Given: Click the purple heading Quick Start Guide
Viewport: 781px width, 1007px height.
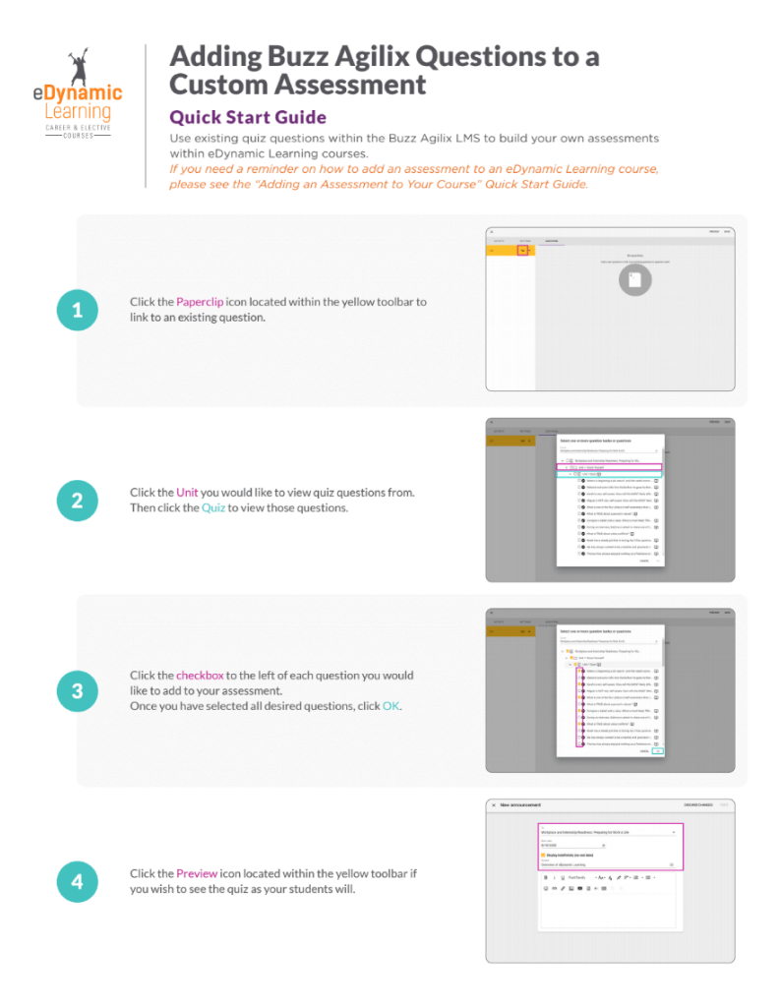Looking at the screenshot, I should (248, 118).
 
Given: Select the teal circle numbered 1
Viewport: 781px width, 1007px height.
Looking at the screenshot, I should (77, 311).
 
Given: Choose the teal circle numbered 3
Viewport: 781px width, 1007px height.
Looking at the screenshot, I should (77, 690).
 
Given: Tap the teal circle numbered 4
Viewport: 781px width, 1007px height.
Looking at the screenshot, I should (77, 881).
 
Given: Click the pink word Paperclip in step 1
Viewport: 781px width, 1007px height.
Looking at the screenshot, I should (202, 302).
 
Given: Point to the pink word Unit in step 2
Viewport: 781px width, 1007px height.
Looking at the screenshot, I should (187, 492).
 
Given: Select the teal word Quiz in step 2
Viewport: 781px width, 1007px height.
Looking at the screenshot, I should (213, 507).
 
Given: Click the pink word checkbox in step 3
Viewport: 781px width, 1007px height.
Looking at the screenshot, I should (200, 676).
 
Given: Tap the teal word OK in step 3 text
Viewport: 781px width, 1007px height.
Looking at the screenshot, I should (391, 707).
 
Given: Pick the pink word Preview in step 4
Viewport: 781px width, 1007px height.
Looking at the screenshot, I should (190, 873).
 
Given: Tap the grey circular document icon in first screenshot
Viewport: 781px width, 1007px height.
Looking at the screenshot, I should (634, 280).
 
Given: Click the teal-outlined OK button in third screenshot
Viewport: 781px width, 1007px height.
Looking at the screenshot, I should (658, 751).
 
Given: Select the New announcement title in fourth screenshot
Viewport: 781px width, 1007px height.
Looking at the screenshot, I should (521, 805).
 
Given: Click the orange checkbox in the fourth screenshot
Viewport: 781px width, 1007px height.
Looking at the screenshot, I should (544, 855).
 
